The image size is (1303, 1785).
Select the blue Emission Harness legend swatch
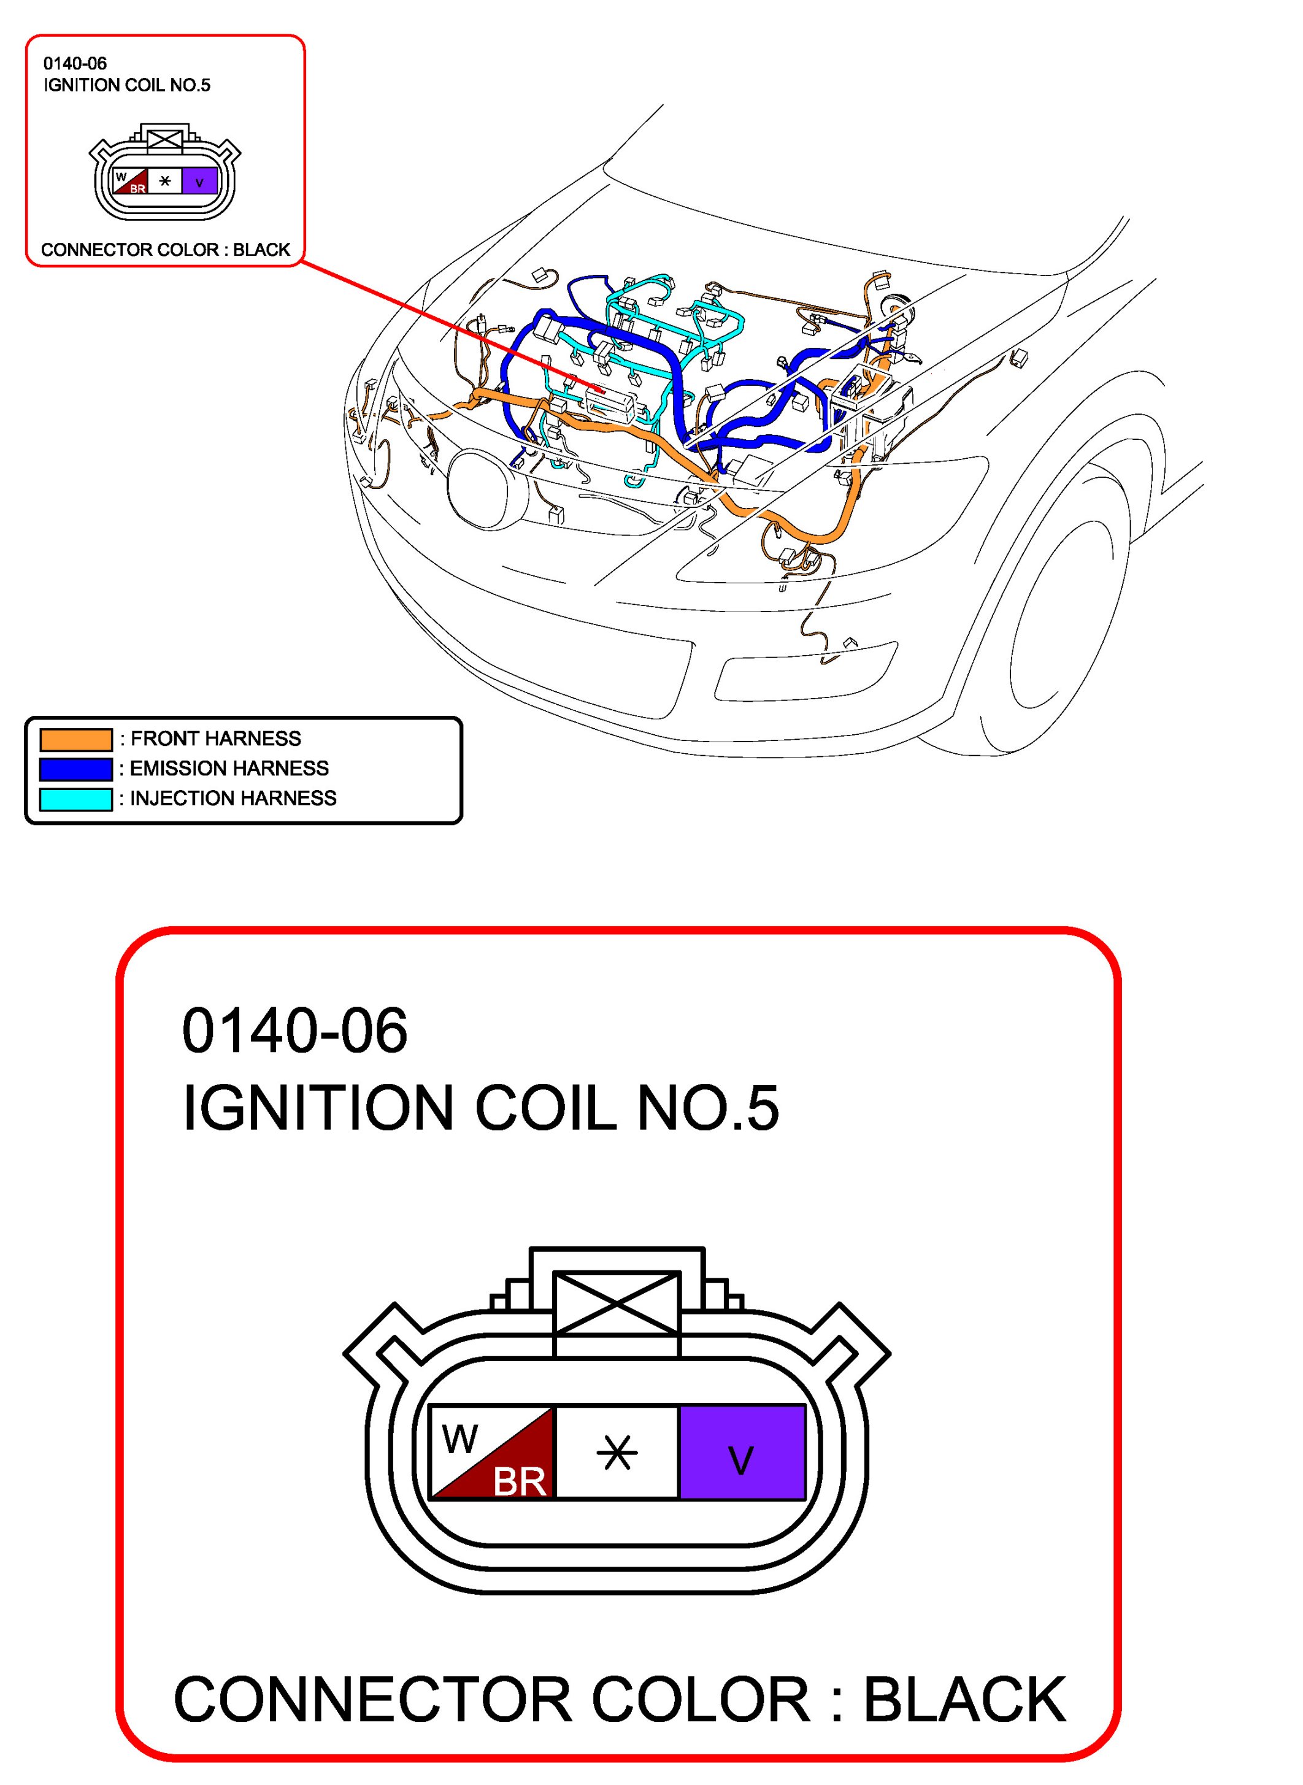pyautogui.click(x=75, y=769)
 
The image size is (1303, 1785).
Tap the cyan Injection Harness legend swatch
pyautogui.click(x=75, y=799)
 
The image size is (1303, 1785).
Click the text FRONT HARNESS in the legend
pyautogui.click(x=215, y=739)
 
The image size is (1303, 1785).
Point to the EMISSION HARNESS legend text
pyautogui.click(x=229, y=769)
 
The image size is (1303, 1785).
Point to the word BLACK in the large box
pyautogui.click(x=964, y=1700)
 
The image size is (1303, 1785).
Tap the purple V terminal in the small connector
pyautogui.click(x=199, y=182)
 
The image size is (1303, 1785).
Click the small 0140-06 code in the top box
pyautogui.click(x=75, y=63)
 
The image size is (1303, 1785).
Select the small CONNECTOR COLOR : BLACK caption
pyautogui.click(x=166, y=250)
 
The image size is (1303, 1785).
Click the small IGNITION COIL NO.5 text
pyautogui.click(x=127, y=85)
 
